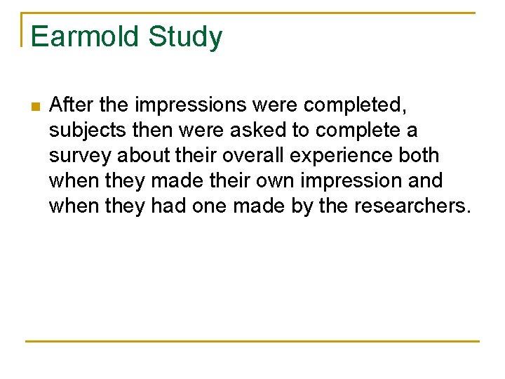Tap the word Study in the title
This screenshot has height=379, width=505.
pos(184,36)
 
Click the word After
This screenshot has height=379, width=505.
pos(72,105)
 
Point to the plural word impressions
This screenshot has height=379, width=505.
pos(191,105)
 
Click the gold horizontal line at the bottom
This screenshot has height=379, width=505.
pos(252,342)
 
